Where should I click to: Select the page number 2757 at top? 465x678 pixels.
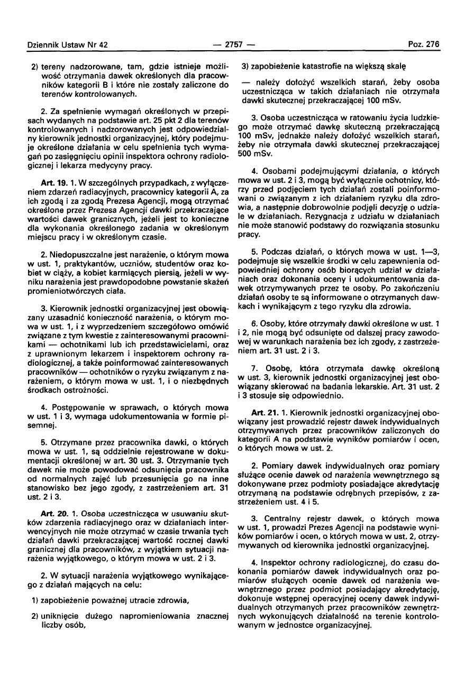pyautogui.click(x=232, y=45)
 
